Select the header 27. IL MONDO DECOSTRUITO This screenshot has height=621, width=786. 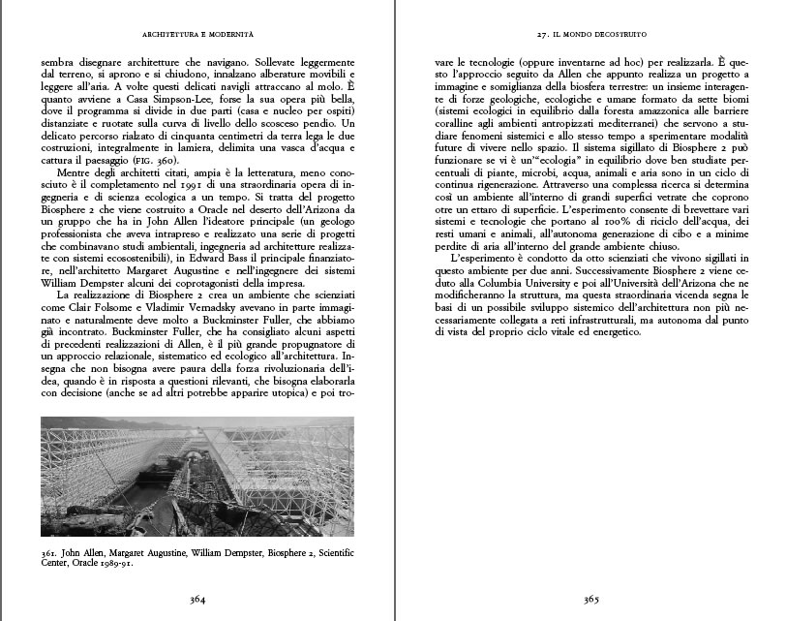point(590,34)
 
